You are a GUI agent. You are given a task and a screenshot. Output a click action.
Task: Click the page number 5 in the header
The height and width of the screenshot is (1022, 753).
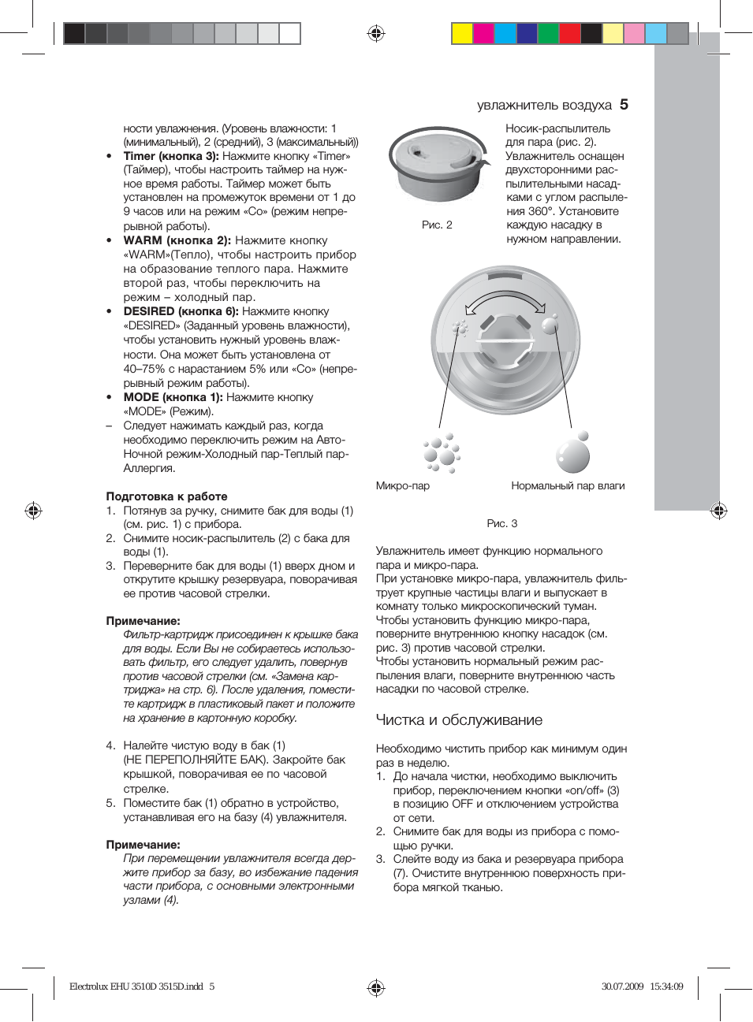[x=624, y=104]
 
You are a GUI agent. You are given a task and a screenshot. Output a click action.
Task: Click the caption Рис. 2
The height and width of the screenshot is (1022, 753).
[x=437, y=225]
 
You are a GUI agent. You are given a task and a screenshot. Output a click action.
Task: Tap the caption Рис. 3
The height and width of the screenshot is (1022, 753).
[x=502, y=523]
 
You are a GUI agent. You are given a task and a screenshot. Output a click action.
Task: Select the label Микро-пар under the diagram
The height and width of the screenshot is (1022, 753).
[x=403, y=485]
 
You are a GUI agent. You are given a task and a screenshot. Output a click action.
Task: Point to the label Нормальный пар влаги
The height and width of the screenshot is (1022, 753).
[x=568, y=485]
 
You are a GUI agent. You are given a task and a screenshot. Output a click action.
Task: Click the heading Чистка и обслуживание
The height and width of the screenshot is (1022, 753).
[x=459, y=719]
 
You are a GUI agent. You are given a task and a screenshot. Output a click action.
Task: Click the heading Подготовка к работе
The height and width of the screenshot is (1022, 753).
[x=166, y=496]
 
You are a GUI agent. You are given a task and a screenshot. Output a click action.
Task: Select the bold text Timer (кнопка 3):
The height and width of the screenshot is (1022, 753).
[x=171, y=156]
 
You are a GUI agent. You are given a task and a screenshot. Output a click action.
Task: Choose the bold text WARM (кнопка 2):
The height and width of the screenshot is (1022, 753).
[x=177, y=240]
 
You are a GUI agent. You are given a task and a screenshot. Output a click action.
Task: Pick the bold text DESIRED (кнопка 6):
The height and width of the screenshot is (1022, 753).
[x=181, y=311]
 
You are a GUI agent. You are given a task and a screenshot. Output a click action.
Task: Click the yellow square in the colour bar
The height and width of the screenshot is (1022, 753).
[x=462, y=33]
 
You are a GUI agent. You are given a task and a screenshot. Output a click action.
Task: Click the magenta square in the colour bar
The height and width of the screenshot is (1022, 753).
[x=483, y=33]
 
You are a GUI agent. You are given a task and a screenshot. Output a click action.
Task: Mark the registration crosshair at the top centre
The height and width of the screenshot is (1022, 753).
[x=376, y=33]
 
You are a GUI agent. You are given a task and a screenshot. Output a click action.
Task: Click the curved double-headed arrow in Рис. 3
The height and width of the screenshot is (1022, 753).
[x=505, y=302]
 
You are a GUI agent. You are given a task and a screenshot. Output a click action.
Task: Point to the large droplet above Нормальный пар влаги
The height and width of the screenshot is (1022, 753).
[x=573, y=455]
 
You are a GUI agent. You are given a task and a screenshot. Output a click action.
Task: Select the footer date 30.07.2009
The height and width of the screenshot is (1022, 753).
[x=622, y=987]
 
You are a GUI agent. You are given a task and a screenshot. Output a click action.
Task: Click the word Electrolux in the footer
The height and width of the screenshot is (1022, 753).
[x=88, y=987]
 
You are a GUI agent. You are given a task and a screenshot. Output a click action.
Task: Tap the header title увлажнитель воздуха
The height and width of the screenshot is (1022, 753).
[x=544, y=105]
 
